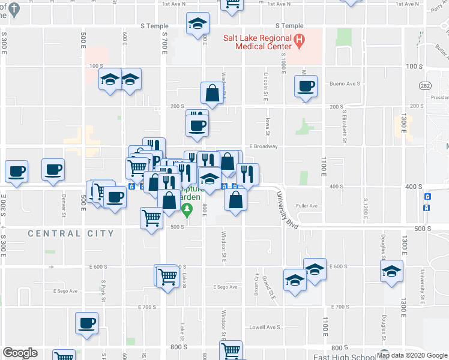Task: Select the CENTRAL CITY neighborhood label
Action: [x=71, y=233]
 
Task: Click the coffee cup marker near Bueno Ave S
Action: [x=306, y=87]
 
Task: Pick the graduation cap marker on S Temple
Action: [x=197, y=24]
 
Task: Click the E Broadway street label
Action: [x=264, y=146]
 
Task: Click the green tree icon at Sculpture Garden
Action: [x=187, y=209]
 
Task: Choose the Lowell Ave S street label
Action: [x=265, y=327]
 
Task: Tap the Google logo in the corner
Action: [x=20, y=353]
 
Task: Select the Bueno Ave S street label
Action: [x=345, y=83]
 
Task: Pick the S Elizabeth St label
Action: [x=345, y=127]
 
